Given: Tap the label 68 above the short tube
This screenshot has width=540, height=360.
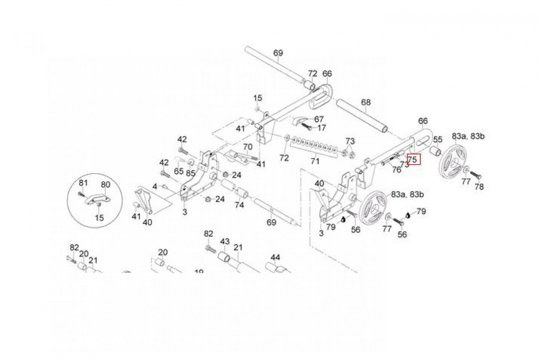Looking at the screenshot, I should click(x=366, y=103).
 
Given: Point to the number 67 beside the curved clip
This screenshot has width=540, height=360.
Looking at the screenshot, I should click(x=319, y=119).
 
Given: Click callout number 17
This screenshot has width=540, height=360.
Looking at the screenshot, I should click(x=322, y=128).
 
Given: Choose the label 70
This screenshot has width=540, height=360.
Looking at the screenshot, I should click(x=248, y=147).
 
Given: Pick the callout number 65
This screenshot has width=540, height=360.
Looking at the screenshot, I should click(x=179, y=171).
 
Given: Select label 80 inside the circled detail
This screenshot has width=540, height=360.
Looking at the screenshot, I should click(x=105, y=184).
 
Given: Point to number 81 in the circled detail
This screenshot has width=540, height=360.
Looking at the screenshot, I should click(x=83, y=183).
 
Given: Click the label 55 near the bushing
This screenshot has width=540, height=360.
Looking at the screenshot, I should click(x=437, y=139).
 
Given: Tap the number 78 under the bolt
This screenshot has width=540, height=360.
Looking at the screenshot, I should click(x=479, y=187).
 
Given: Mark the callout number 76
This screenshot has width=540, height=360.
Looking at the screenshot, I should click(x=396, y=170).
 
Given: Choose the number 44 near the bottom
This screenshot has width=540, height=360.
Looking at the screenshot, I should click(x=275, y=257).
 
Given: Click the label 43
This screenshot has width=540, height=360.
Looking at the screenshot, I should click(x=225, y=242).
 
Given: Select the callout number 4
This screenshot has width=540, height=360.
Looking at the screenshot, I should click(x=155, y=186).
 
